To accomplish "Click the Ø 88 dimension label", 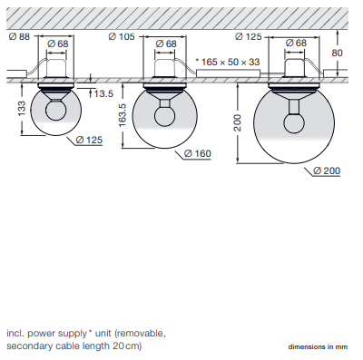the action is click(19, 37).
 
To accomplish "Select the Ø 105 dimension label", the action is click(122, 37).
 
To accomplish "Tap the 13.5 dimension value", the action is click(103, 93).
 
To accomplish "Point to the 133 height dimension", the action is click(22, 109).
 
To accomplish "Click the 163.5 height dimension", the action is click(123, 115).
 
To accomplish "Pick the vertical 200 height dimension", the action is click(238, 122).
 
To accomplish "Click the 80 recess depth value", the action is click(337, 53).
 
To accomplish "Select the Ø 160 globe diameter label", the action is click(198, 153).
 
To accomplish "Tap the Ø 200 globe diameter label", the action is click(327, 170).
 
